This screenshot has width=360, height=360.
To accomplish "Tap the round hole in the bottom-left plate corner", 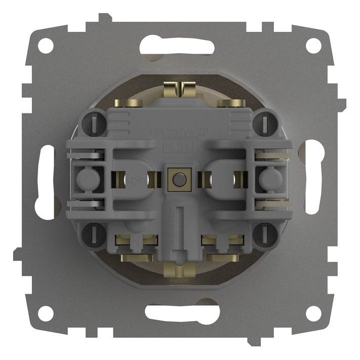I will [x=46, y=313].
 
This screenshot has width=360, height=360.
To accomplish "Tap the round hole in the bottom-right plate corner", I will [x=313, y=313].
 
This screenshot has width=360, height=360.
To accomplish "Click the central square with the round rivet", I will [x=178, y=180].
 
